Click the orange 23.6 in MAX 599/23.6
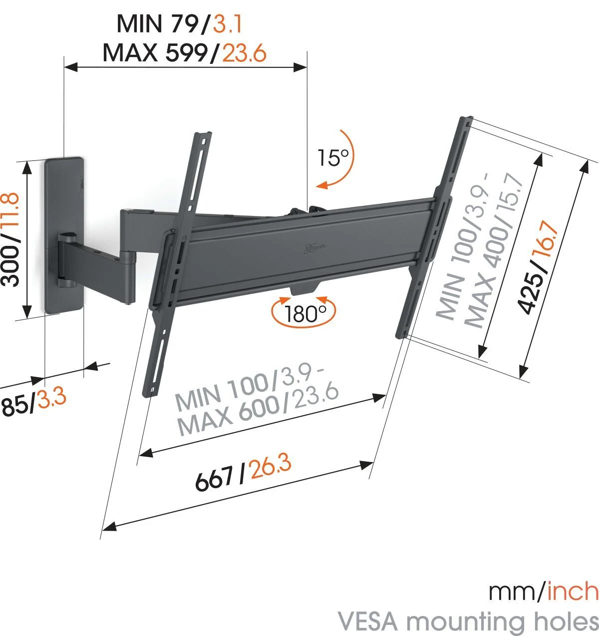tap(244, 52)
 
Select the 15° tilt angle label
tap(333, 158)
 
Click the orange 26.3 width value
tap(271, 469)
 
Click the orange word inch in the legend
tap(573, 592)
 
